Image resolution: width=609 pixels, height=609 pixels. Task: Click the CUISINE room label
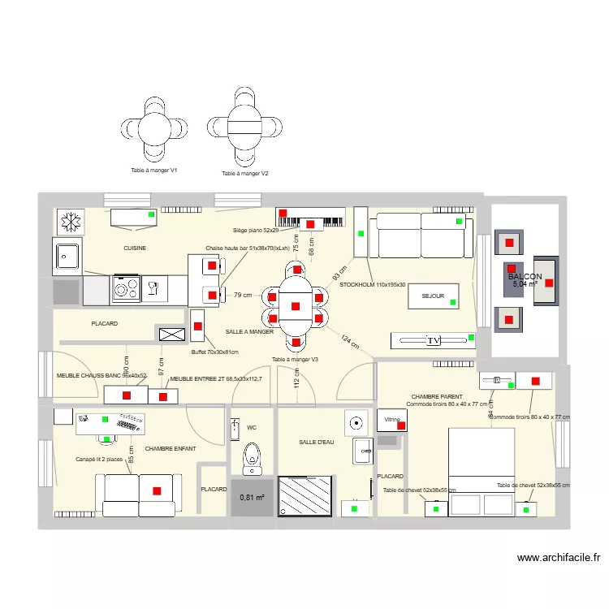point(135,248)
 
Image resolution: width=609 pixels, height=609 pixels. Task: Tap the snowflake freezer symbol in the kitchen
point(70,220)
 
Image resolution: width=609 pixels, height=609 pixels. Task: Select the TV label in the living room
point(433,340)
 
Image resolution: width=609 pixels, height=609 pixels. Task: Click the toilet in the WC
point(253,458)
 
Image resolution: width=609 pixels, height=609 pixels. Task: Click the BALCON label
point(525,277)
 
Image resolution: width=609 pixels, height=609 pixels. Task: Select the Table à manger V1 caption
point(154,171)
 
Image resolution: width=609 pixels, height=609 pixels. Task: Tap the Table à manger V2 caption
point(244,174)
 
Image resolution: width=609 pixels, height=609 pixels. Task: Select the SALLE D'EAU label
point(316,442)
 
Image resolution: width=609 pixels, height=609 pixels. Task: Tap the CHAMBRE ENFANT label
point(171,448)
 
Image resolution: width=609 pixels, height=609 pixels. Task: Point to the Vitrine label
point(394,420)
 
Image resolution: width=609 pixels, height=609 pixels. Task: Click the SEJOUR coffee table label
point(433,296)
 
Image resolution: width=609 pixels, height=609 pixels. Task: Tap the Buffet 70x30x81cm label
point(214,352)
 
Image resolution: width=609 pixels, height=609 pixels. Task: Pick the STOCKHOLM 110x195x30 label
point(373,285)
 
